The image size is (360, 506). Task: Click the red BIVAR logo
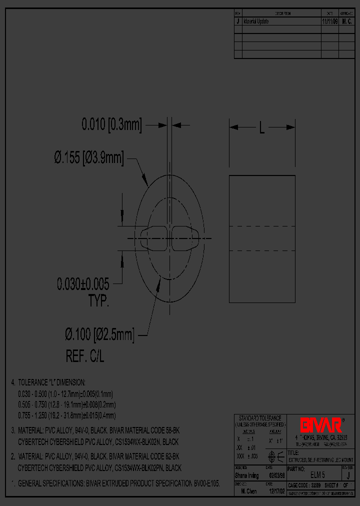pos(320,425)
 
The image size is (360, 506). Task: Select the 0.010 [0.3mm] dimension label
pos(111,124)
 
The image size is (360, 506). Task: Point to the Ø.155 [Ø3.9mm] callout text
pos(88,158)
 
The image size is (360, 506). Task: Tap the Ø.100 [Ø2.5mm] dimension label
pos(99,333)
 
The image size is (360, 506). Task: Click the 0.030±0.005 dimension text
pos(82,284)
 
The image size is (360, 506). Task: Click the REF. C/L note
pos(85,356)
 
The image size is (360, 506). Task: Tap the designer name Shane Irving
pos(246,475)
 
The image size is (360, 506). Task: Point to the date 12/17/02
pos(277,491)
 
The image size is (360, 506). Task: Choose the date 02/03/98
pos(277,475)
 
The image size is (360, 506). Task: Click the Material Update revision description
pos(256,22)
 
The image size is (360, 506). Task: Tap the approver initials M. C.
pos(347,22)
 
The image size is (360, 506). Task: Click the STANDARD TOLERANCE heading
pos(260,418)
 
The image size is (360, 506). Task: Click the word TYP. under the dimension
pos(98,301)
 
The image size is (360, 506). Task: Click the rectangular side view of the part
pos(262,238)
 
